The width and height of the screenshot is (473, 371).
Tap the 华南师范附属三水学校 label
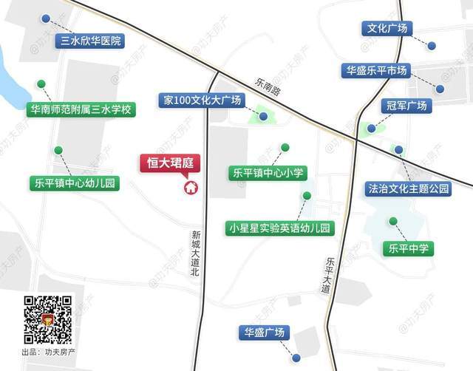[81, 109]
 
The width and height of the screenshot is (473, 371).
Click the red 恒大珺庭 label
[171, 163]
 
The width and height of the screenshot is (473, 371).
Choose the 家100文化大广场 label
[205, 100]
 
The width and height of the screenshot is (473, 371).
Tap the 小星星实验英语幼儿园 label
[281, 228]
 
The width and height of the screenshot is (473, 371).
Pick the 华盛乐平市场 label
[377, 71]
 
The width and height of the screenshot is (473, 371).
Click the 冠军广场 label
[405, 106]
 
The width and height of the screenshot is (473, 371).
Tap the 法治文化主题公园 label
[409, 188]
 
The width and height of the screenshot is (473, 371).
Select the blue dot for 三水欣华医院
[46, 18]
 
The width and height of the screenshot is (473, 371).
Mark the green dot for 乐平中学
[393, 221]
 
